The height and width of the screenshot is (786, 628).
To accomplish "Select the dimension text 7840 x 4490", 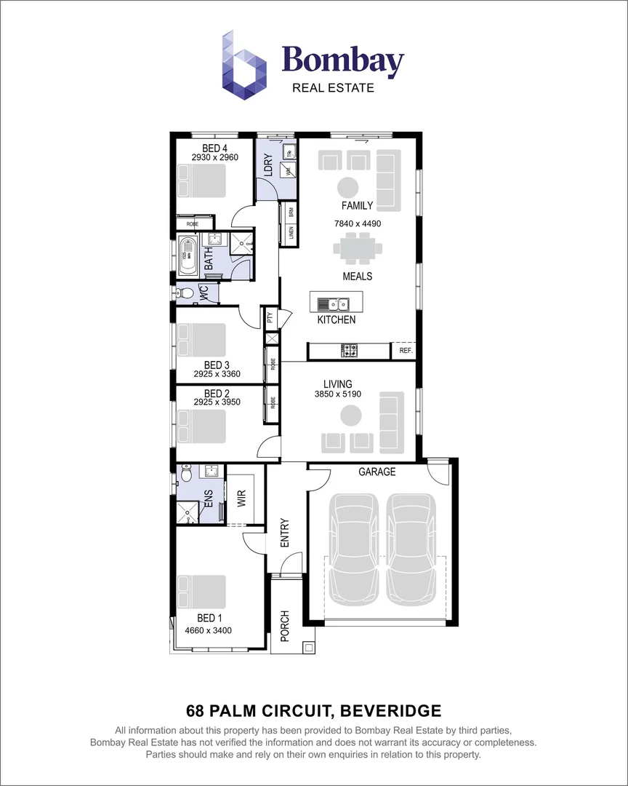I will pos(357,223).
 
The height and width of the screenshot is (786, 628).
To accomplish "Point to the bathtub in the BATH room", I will pos(187,255).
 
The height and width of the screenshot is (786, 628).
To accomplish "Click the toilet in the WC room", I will pos(185,293).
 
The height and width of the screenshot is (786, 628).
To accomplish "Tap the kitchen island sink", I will pos(334,303).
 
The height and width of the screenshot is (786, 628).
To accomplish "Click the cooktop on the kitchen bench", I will pos(350,352).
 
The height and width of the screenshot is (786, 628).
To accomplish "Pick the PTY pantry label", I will pos(270,317).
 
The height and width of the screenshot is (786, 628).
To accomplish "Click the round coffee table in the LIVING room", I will pos(351,416).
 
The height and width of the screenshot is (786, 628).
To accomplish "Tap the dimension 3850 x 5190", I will pos(337,394).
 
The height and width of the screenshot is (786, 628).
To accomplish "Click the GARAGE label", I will pos(377,472).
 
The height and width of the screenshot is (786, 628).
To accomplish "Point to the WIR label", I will pos(241,499).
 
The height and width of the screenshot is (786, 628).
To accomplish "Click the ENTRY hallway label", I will pos(284,533).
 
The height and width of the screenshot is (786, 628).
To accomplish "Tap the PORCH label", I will pos(284,626).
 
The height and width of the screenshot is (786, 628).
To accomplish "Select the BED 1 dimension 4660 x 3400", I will pos(208,630).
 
